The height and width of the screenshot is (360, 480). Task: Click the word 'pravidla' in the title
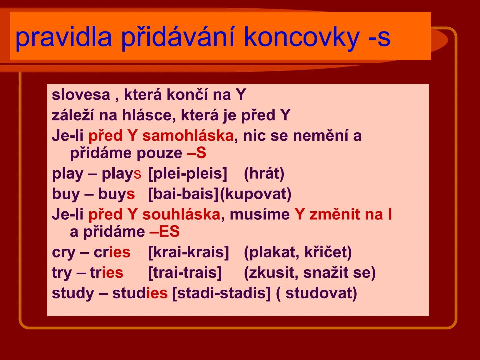tap(63, 37)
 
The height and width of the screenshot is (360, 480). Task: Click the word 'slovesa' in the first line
tap(81, 95)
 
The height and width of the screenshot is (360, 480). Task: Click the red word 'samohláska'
tap(188, 136)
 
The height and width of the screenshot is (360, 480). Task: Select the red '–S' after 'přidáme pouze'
tap(196, 153)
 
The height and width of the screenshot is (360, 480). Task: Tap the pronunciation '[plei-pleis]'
tap(187, 174)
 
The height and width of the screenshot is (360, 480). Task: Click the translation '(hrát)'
tap(264, 174)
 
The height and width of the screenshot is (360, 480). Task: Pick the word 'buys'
tap(116, 194)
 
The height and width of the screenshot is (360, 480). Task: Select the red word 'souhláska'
tap(181, 215)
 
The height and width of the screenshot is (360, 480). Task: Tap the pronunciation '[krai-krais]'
tap(188, 252)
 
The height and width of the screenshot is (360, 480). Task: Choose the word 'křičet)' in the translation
tap(328, 252)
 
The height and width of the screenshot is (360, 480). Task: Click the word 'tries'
tap(106, 273)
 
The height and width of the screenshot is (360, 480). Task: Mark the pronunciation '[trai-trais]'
tap(185, 273)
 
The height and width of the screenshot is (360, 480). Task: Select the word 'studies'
tap(140, 293)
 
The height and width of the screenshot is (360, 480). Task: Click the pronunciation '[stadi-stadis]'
tap(221, 293)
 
